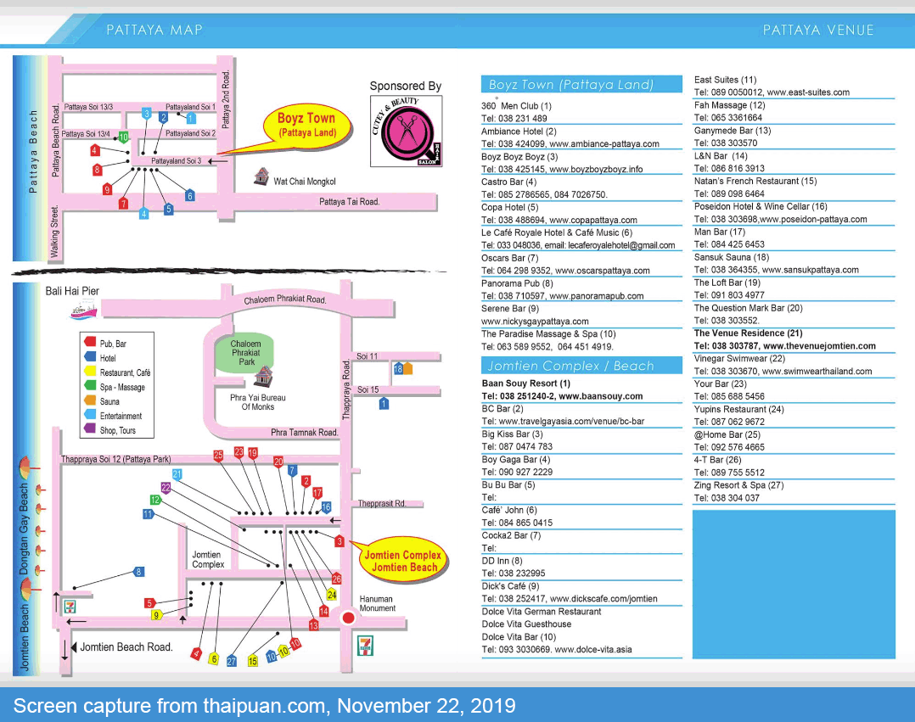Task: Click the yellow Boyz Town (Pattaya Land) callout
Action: click(x=306, y=126)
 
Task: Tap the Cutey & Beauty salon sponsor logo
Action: click(x=407, y=132)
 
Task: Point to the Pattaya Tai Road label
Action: click(x=349, y=202)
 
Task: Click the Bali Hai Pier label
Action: click(x=72, y=291)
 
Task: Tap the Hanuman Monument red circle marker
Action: click(x=348, y=618)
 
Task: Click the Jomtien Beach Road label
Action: click(x=126, y=646)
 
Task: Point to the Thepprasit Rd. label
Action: click(x=390, y=503)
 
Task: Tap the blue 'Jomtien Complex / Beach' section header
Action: click(x=581, y=366)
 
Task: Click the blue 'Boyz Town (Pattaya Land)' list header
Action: click(x=581, y=84)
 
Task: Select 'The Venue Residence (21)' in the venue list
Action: click(x=749, y=333)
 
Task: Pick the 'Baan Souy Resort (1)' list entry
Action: click(x=525, y=383)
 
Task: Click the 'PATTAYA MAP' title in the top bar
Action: click(x=154, y=30)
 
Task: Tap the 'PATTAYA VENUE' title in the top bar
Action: click(x=818, y=30)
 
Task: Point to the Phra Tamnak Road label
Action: click(x=305, y=433)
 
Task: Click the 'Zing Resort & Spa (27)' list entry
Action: click(x=738, y=485)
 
